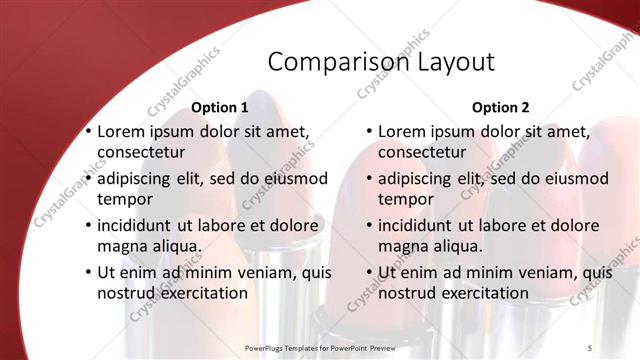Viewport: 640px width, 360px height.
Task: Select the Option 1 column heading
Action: (x=219, y=107)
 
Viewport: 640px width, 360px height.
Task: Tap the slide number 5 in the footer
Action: (x=590, y=347)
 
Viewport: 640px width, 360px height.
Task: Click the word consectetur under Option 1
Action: (x=141, y=153)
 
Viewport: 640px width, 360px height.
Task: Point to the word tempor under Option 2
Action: (x=404, y=199)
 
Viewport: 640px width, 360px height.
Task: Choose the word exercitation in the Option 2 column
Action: (x=478, y=293)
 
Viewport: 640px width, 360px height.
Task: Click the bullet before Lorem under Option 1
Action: (x=88, y=132)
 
